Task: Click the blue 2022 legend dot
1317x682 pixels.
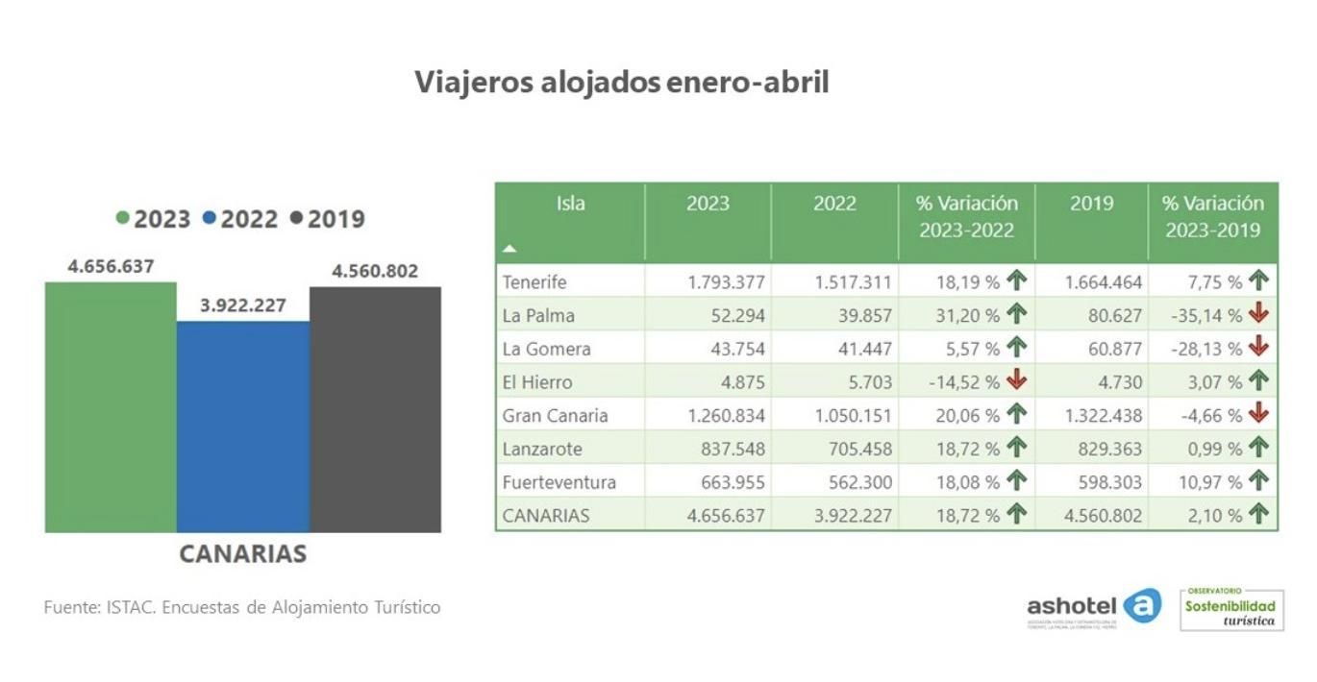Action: pyautogui.click(x=210, y=219)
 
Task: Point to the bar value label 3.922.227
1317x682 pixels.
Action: pyautogui.click(x=243, y=305)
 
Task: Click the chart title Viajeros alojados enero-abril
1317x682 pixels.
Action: pyautogui.click(x=621, y=83)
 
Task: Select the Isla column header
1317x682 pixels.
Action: pyautogui.click(x=570, y=204)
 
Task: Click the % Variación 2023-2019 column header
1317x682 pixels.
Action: pyautogui.click(x=1212, y=217)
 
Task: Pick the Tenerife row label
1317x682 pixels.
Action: pyautogui.click(x=534, y=282)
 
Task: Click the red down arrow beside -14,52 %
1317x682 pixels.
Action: pyautogui.click(x=1016, y=381)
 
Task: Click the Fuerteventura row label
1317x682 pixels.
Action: pyautogui.click(x=559, y=482)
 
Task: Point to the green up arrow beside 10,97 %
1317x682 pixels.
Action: pyautogui.click(x=1258, y=481)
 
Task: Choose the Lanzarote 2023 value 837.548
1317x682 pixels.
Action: pyautogui.click(x=728, y=449)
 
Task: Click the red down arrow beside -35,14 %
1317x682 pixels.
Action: pyautogui.click(x=1258, y=314)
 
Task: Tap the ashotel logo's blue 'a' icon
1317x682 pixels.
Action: pyautogui.click(x=1142, y=605)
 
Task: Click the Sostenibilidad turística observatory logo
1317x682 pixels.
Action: pyautogui.click(x=1230, y=609)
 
